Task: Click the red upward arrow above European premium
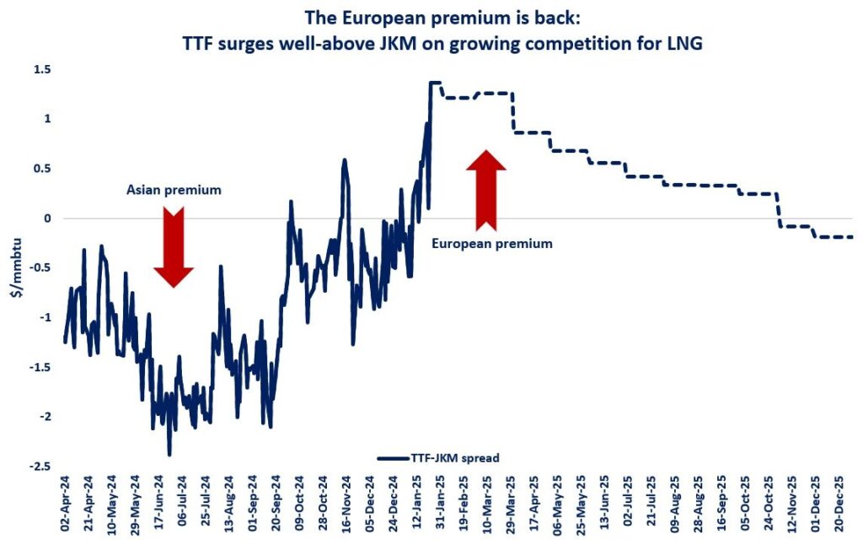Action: pyautogui.click(x=486, y=191)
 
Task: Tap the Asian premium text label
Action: pyautogui.click(x=174, y=190)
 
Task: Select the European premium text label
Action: pyautogui.click(x=491, y=243)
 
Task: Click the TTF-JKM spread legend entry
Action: pyautogui.click(x=438, y=457)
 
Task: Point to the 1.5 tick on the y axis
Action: pyautogui.click(x=43, y=69)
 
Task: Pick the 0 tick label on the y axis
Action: pyautogui.click(x=47, y=219)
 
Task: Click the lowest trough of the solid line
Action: pyautogui.click(x=169, y=455)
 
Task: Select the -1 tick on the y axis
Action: pyautogui.click(x=45, y=318)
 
